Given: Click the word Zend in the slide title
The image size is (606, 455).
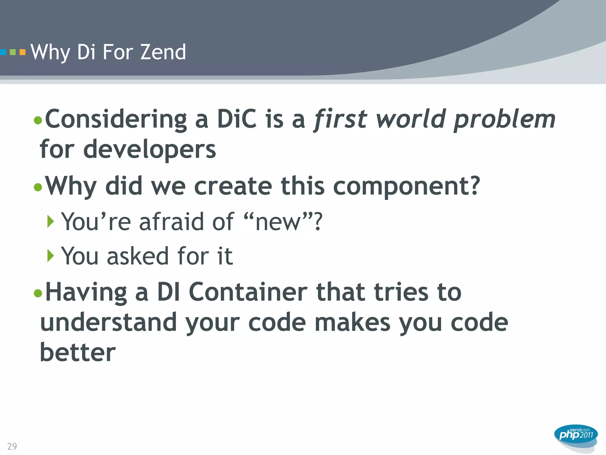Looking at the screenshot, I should coord(163,52).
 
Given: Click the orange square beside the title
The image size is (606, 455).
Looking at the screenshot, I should coord(22,52).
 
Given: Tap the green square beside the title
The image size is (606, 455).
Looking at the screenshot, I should coord(13,52).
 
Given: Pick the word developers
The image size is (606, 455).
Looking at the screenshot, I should coord(150,150).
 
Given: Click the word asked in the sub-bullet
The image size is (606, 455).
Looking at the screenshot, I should coord(138,256).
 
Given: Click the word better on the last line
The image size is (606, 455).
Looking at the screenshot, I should coord(78,353).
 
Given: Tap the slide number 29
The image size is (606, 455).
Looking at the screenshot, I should coord(12,446).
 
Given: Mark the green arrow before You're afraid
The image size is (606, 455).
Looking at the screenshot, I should coord(51,221).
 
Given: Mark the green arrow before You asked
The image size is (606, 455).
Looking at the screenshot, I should coord(51,255).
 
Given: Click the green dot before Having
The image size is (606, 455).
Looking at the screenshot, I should coord(38,293).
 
